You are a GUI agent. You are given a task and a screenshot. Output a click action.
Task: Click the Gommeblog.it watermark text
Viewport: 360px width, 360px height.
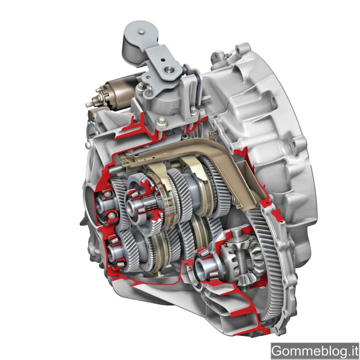point(315,351)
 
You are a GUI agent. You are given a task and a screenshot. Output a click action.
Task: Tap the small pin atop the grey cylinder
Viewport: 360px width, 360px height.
point(142,32)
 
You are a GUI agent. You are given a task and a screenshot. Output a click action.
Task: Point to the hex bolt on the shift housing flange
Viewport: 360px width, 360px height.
point(161,121)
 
